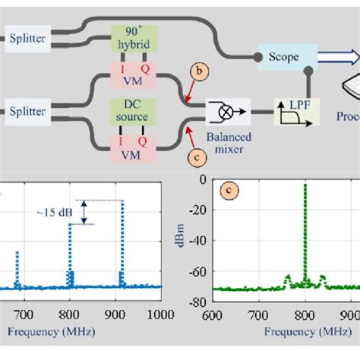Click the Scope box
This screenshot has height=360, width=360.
279,58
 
